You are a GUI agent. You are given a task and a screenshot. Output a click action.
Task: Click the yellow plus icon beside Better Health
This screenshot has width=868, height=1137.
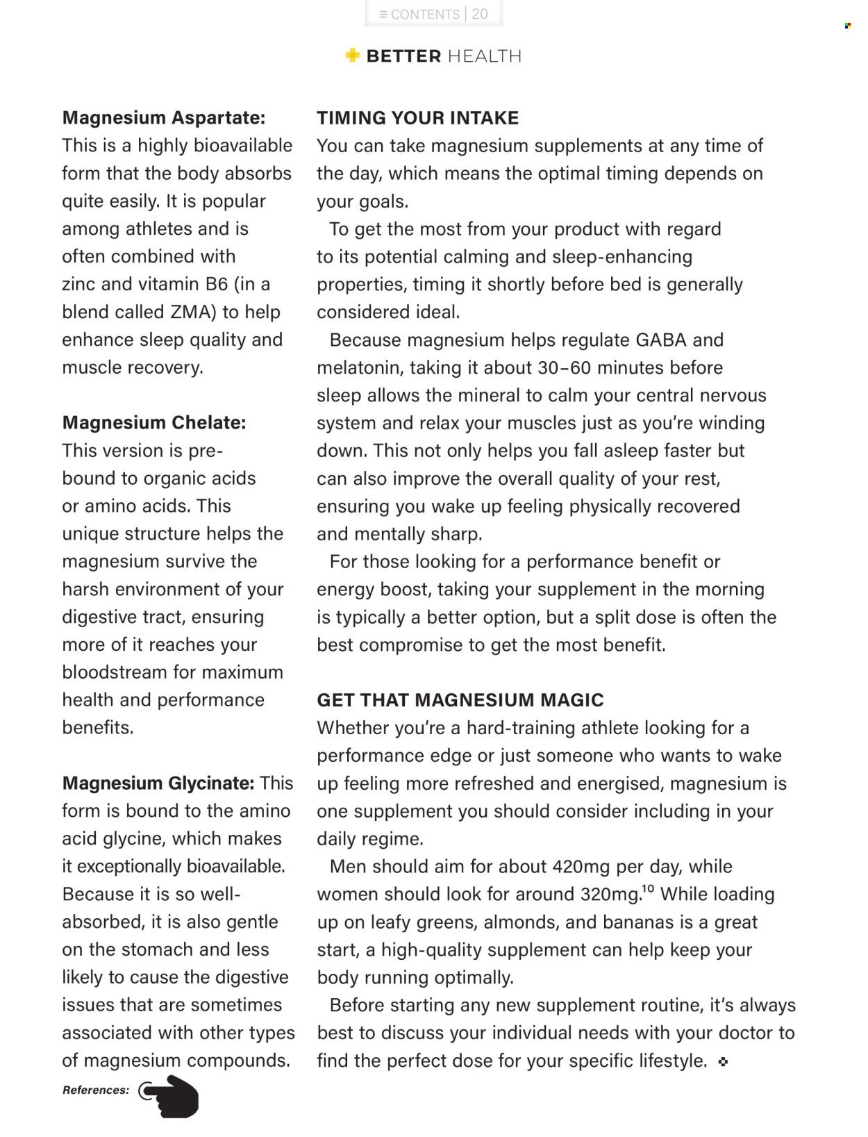[x=353, y=56]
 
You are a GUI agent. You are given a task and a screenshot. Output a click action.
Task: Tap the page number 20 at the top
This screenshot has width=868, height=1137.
[x=480, y=14]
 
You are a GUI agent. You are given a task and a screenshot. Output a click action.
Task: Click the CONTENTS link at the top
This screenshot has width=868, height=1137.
[x=424, y=14]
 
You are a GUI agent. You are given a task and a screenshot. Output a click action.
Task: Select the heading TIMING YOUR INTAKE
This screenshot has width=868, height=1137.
[x=417, y=118]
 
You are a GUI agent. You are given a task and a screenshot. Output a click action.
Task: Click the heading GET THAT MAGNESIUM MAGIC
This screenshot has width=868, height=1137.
[x=460, y=700]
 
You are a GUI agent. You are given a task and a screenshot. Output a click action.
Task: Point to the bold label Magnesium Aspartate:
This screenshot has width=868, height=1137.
[x=163, y=118]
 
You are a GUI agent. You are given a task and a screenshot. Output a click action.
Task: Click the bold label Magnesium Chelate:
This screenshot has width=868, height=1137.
[x=153, y=423]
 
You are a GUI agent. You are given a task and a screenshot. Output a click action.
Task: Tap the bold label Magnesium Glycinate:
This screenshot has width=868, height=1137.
[x=158, y=783]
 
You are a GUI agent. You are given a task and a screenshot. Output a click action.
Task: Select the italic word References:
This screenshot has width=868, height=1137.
[x=96, y=1090]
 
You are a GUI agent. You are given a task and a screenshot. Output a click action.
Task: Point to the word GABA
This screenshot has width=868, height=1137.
[x=660, y=340]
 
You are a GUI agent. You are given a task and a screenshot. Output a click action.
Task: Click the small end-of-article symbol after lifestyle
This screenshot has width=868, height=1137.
[x=723, y=1062]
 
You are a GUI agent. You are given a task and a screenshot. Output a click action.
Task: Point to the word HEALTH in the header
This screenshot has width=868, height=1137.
[x=484, y=56]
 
